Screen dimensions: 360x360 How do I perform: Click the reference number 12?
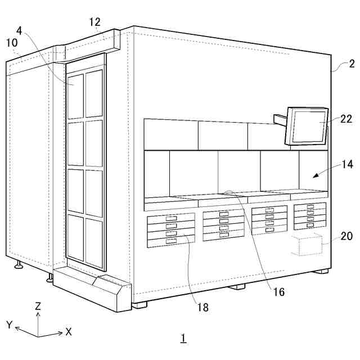94,22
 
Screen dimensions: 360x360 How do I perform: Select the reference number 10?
12,43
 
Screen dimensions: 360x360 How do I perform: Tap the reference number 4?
20,30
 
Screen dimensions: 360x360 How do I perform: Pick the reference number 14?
346,165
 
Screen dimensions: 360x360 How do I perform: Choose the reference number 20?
346,236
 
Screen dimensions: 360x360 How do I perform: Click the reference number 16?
278,291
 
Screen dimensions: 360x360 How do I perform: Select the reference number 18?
203,307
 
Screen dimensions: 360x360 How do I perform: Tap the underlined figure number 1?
183,338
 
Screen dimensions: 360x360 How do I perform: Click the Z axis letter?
38,307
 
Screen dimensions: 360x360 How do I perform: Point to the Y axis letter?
10,325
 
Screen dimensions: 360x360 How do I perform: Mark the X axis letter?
69,332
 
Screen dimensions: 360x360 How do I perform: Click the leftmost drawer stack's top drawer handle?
171,218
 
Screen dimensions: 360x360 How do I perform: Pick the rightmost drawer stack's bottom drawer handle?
309,225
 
